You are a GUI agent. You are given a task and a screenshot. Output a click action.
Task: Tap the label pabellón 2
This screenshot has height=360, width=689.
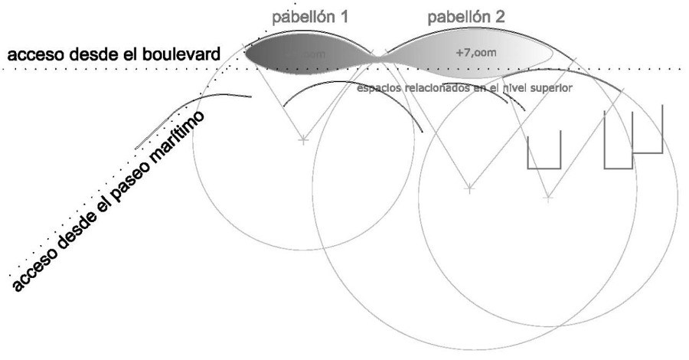(x=466, y=15)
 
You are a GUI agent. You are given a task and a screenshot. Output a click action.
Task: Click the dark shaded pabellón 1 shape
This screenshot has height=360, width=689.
(x=306, y=56)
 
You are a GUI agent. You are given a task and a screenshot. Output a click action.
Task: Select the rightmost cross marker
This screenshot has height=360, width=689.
(x=547, y=198)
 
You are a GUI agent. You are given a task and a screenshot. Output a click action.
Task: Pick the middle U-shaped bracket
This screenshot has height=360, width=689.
(x=618, y=141)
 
